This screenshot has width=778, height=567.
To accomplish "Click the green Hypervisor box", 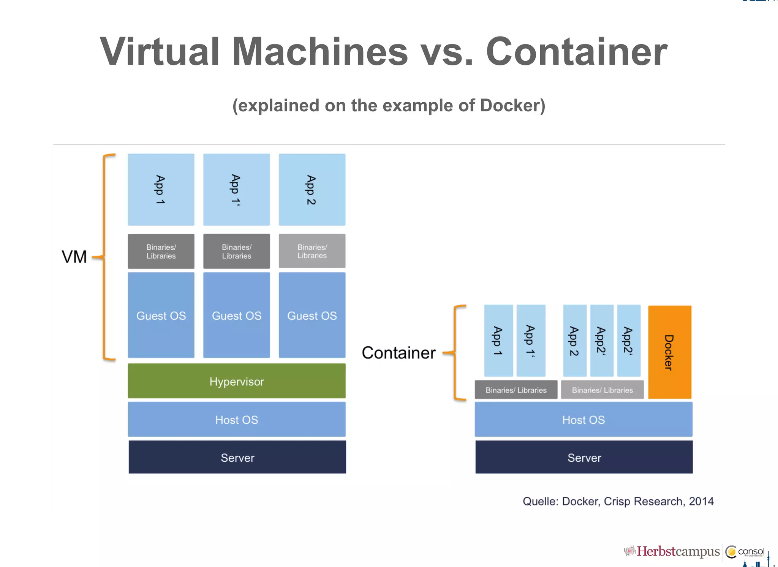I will tap(236, 381).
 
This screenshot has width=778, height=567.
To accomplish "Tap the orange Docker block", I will tap(669, 352).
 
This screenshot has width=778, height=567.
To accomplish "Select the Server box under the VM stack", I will tap(237, 457).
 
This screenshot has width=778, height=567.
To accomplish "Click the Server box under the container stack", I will tap(584, 457).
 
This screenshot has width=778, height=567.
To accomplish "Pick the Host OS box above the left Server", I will tap(236, 419).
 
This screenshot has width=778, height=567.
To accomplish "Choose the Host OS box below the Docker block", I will tap(583, 419).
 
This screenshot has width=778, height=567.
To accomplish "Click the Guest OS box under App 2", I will tap(312, 315).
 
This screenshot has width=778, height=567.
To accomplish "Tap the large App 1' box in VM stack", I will tap(236, 189).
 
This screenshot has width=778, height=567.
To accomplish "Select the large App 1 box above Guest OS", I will tap(161, 189).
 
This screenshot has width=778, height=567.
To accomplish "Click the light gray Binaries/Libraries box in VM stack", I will tap(312, 251).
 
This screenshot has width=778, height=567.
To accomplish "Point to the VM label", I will tap(74, 257).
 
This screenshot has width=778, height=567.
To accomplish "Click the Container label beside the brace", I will tap(398, 353).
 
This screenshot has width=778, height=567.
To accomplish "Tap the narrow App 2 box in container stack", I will tap(574, 341).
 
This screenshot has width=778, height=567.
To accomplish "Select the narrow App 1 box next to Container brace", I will tap(498, 341).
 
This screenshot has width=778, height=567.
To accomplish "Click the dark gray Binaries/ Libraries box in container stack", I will tap(516, 390).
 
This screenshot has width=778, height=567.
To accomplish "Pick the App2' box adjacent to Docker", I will tap(628, 341).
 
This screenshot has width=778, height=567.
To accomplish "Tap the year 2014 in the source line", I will tap(701, 501).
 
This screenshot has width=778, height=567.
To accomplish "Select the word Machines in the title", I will tap(320, 52).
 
